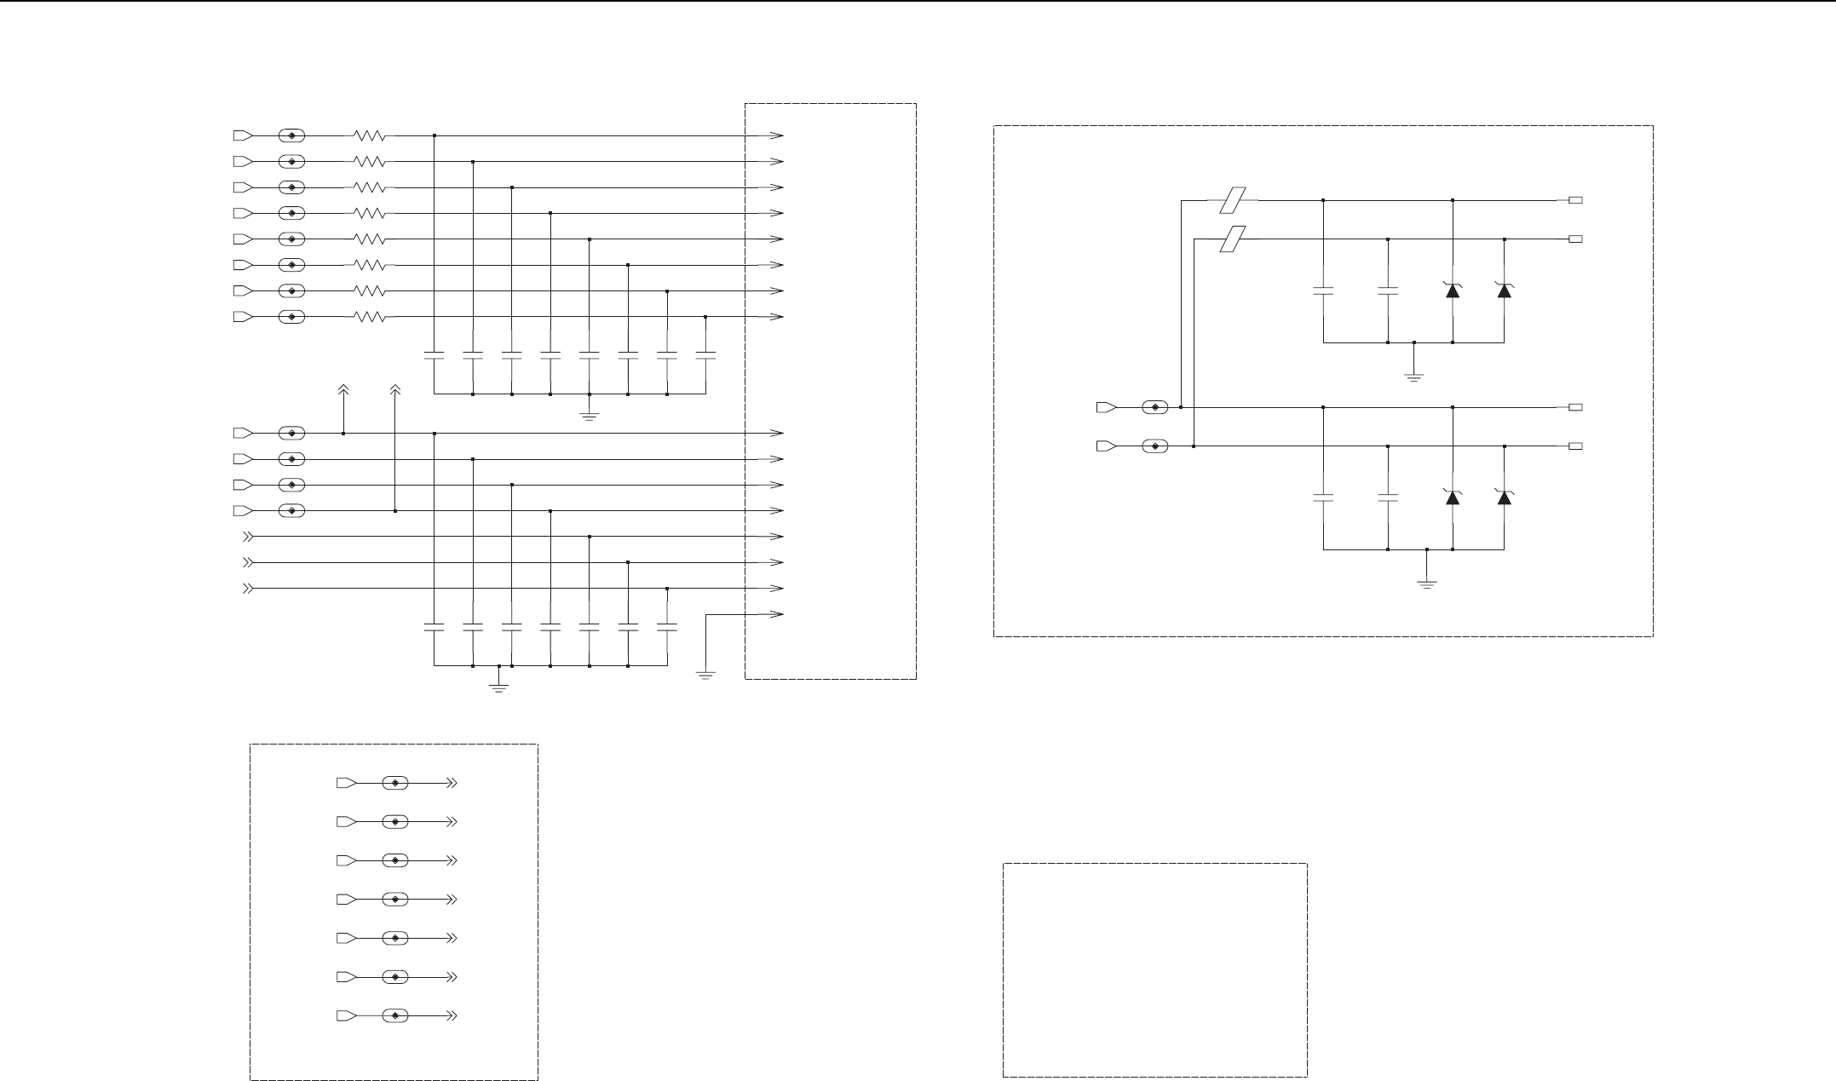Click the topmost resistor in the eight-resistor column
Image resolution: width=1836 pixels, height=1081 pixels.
point(370,135)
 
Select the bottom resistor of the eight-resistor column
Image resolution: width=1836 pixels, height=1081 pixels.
point(370,317)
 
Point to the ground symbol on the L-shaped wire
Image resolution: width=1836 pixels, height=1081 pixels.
point(705,675)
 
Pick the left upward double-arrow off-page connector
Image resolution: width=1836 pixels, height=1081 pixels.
point(343,389)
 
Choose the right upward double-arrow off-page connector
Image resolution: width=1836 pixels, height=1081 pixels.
point(395,389)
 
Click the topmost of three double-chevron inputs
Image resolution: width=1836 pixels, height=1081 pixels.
point(248,537)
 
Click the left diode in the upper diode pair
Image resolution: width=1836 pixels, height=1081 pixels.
point(1453,290)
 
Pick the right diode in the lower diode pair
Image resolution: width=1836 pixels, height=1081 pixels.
point(1505,497)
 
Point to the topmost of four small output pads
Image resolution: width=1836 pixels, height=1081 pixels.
point(1576,201)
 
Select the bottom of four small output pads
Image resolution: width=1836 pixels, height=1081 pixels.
point(1576,446)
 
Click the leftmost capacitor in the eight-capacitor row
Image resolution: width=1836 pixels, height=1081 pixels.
point(435,355)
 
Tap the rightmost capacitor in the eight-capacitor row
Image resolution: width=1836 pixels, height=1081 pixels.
point(705,355)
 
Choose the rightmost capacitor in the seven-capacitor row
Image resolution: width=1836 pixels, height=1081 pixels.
point(667,628)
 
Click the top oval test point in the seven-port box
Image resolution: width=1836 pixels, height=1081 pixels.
point(395,782)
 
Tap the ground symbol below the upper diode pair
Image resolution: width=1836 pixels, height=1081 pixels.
point(1414,376)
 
